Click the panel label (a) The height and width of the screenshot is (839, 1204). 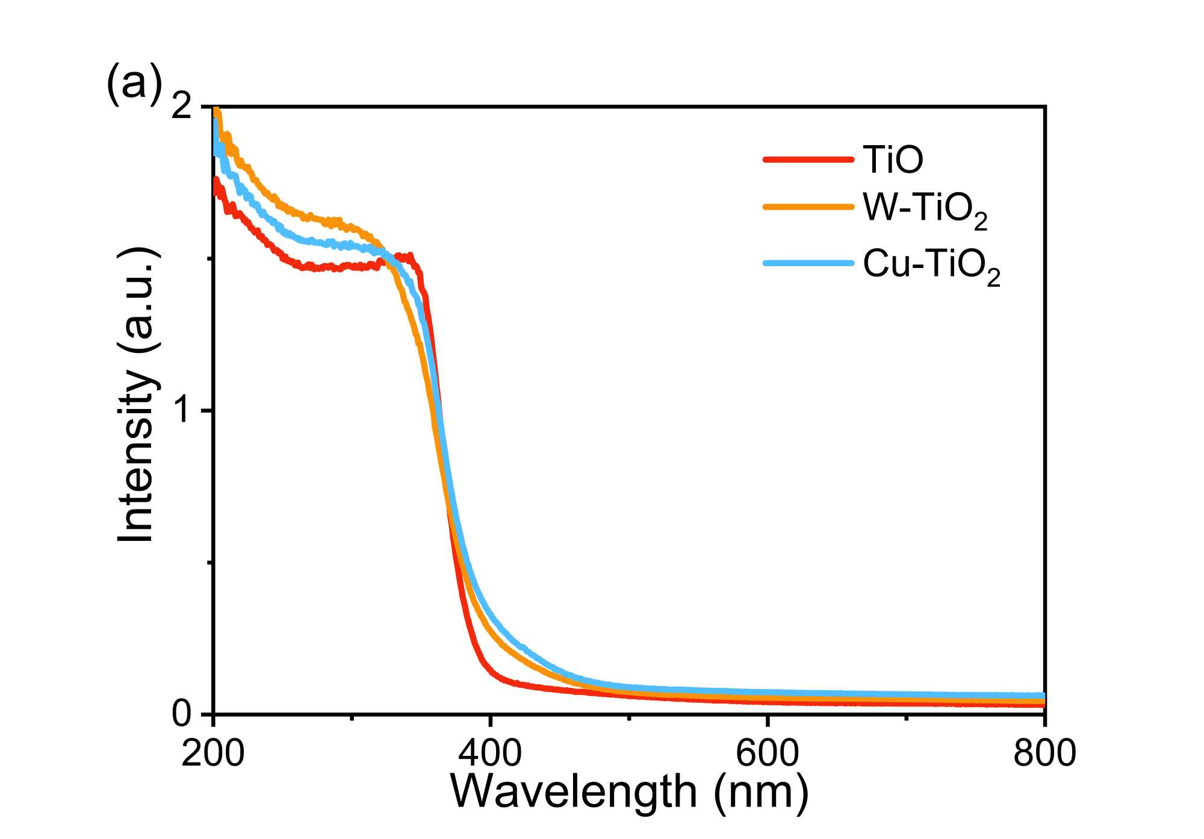tap(134, 83)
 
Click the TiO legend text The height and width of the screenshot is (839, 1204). tap(893, 160)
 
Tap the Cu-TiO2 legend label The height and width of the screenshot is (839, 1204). tap(931, 266)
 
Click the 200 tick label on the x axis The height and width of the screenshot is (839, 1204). tap(213, 753)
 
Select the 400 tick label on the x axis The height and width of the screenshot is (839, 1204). tap(491, 753)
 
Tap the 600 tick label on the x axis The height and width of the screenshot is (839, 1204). tap(768, 753)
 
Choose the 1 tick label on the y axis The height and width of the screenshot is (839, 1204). tap(184, 411)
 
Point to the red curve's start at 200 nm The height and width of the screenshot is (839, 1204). tap(216, 184)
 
